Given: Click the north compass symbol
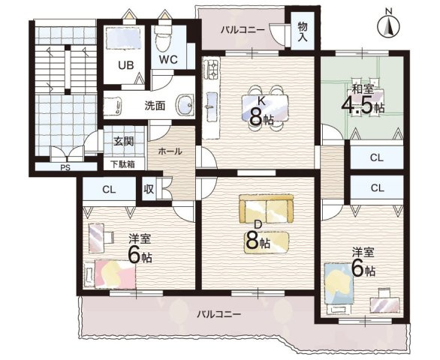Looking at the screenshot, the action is point(388,25).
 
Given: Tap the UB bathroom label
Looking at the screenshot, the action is point(125,65).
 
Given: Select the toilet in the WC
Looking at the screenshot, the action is point(164,38).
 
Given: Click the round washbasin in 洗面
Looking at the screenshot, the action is point(185,104).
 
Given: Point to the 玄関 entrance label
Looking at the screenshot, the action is point(123,141).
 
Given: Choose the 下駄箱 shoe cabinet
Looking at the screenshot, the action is point(124,164).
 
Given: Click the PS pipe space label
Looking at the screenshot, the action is point(65,168).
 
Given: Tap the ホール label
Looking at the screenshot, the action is point(170,151).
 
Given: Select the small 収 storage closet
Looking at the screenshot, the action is point(149,189).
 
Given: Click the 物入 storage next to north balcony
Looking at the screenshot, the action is point(303,31).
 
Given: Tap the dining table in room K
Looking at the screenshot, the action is point(265,108).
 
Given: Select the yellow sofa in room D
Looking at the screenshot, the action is point(266,209).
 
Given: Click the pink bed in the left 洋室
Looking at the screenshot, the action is point(115,274).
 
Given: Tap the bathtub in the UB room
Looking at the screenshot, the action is point(124,39).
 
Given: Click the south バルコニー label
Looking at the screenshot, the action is point(218,314).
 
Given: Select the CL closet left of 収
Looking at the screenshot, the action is point(109,190).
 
